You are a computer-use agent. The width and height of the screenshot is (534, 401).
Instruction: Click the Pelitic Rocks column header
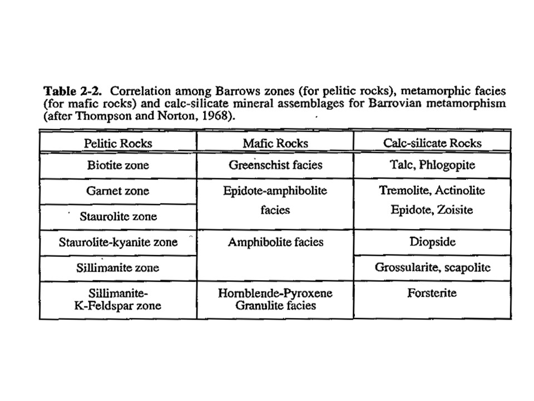click(x=118, y=143)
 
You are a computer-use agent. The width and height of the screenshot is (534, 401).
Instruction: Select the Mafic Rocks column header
click(x=275, y=143)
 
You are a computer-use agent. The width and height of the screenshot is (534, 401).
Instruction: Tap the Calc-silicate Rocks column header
click(x=432, y=143)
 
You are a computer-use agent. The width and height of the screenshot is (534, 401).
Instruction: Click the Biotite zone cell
click(x=118, y=165)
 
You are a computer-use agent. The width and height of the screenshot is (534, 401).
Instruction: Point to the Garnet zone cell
click(x=118, y=190)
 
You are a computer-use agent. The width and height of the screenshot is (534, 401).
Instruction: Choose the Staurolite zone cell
click(x=118, y=216)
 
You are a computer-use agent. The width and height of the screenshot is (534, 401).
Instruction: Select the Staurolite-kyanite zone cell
click(x=118, y=242)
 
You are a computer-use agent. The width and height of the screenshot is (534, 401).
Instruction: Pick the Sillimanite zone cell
click(x=118, y=268)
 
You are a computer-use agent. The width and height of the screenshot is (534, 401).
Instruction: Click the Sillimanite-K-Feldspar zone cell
click(x=118, y=299)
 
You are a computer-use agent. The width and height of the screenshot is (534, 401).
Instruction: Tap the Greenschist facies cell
click(x=275, y=165)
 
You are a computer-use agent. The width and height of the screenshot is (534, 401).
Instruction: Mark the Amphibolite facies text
click(x=275, y=242)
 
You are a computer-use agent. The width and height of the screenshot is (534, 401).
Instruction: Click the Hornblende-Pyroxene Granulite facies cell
click(x=275, y=299)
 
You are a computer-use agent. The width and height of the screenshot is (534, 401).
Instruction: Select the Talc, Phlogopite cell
click(x=432, y=165)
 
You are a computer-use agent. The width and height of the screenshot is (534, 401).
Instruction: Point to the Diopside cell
click(x=432, y=242)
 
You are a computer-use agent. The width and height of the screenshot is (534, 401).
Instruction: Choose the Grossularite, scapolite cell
click(x=432, y=268)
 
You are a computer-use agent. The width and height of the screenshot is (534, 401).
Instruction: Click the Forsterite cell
click(x=432, y=293)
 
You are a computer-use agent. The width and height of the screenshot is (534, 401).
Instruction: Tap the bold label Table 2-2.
click(x=65, y=91)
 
